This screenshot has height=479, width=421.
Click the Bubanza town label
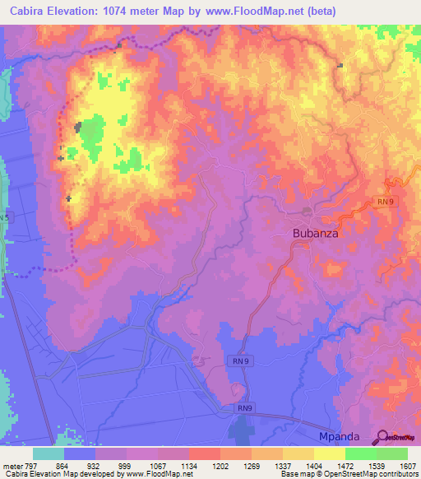[316, 233]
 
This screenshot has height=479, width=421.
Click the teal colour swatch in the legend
[49, 453]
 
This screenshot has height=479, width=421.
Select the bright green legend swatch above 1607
[392, 453]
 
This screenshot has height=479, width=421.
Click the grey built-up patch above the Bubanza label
[307, 212]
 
